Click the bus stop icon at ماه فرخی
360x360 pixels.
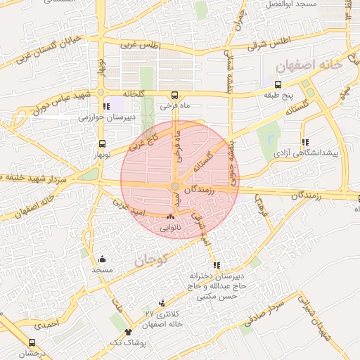(x=175, y=95)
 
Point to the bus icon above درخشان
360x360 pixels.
(x=32, y=342)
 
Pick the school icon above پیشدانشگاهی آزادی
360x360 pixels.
(x=304, y=141)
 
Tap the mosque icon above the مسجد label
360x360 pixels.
(x=103, y=259)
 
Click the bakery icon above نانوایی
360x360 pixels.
(x=169, y=217)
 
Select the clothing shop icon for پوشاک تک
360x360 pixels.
(x=128, y=332)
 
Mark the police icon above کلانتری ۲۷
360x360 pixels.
(x=162, y=303)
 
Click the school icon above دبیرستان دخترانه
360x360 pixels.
(x=217, y=266)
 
